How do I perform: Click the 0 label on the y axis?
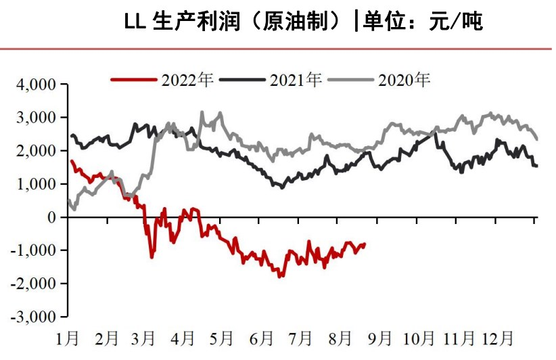[54, 217]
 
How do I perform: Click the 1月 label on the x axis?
[69, 337]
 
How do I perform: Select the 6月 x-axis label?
[262, 337]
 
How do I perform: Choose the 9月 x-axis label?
[380, 337]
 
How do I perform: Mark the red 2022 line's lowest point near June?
[279, 277]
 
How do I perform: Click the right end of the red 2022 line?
[365, 244]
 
